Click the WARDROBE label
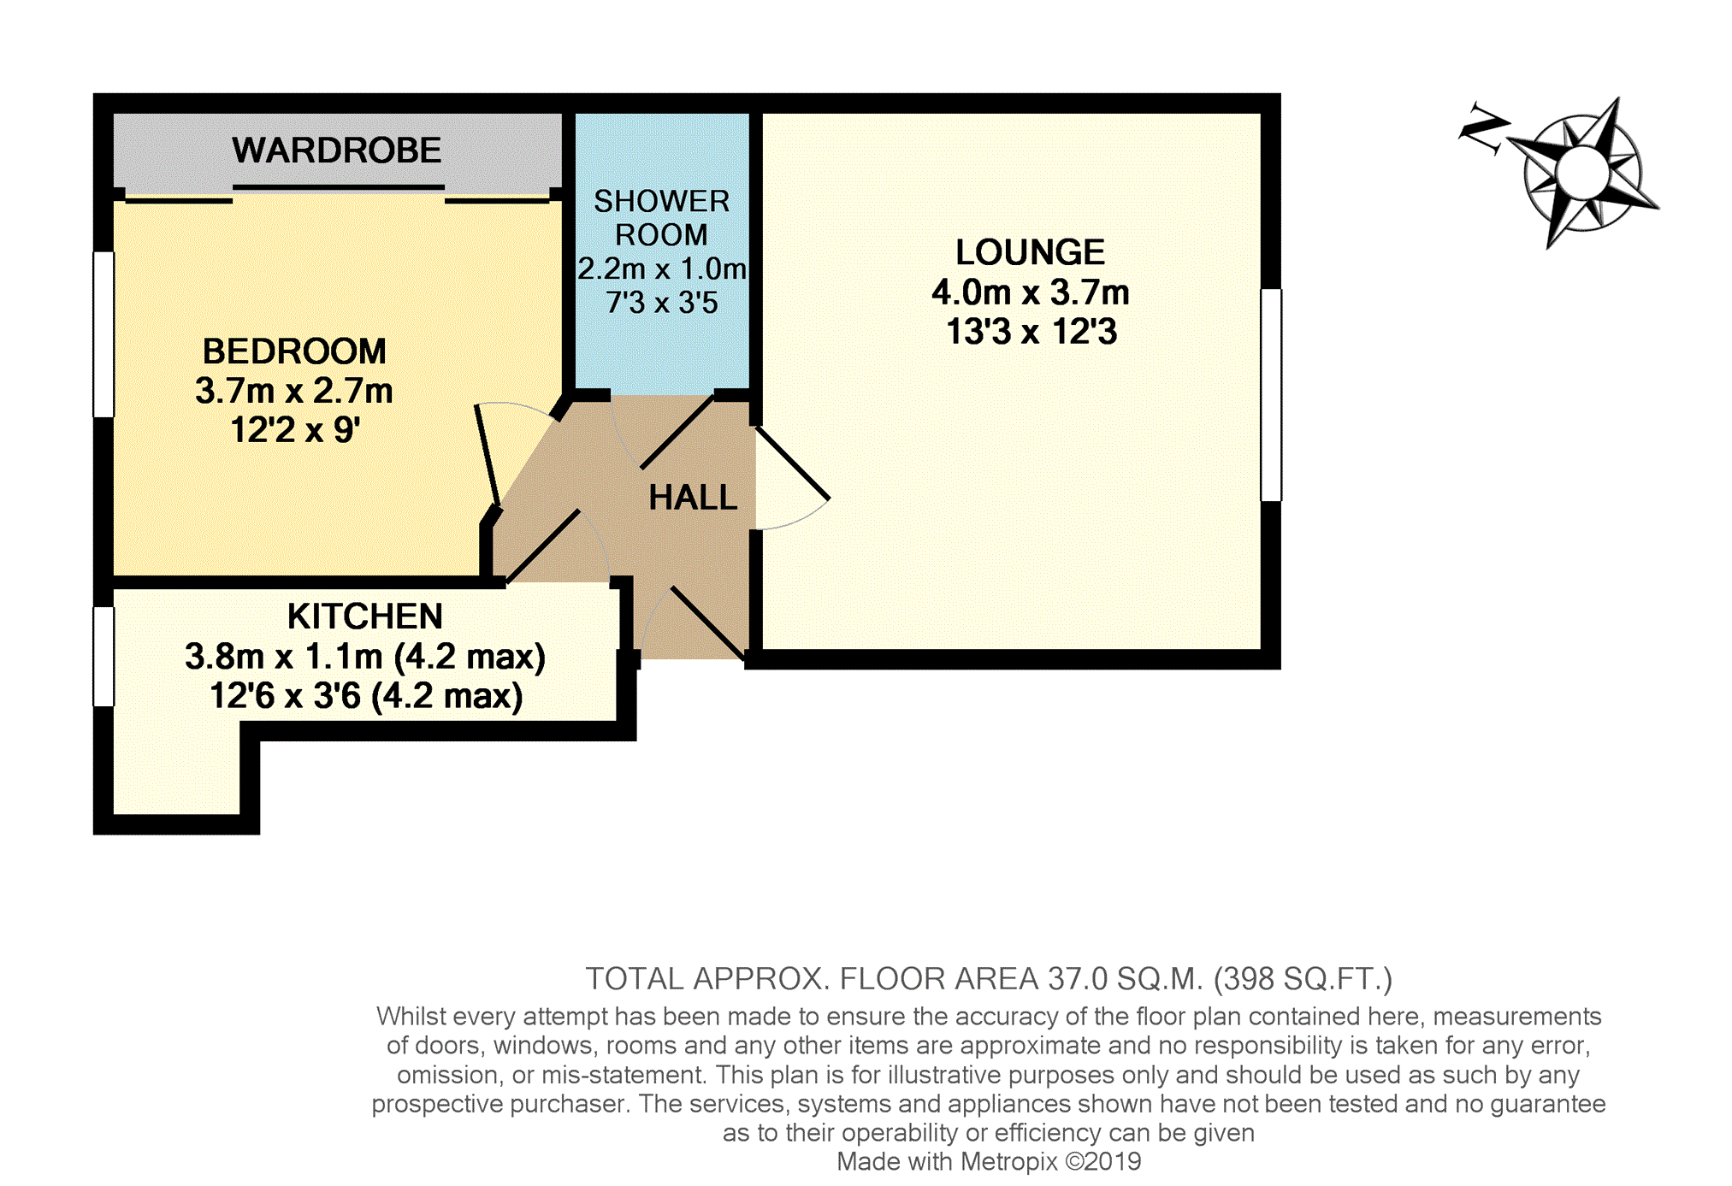[x=336, y=150]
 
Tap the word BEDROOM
[x=294, y=351]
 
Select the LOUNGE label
[x=1030, y=252]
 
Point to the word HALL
[x=693, y=498]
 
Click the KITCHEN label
[x=365, y=617]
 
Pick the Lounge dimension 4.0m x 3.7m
[x=1031, y=292]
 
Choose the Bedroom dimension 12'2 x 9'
[x=295, y=430]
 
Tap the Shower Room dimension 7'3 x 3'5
[x=662, y=303]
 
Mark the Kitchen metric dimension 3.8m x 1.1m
[x=284, y=657]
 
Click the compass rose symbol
[x=1584, y=172]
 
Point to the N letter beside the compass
[x=1483, y=129]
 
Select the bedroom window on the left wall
[x=103, y=334]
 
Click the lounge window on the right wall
[x=1271, y=395]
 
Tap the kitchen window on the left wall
[x=103, y=657]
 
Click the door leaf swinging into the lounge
[x=792, y=463]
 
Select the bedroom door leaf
[x=488, y=457]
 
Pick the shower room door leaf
[x=677, y=431]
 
